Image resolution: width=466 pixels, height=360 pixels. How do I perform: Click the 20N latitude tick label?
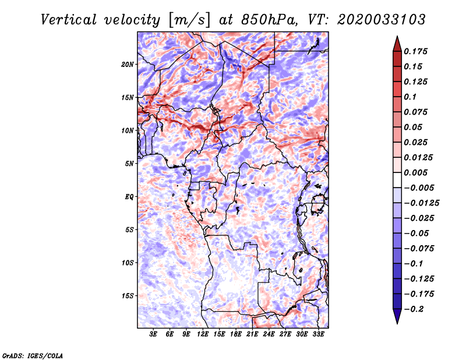click(128, 65)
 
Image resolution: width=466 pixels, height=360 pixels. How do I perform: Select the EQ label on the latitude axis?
click(129, 197)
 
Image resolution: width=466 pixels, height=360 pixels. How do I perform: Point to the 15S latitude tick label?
click(128, 296)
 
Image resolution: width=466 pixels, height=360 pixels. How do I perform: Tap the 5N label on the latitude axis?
click(129, 164)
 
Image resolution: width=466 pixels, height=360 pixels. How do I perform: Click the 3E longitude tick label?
click(153, 334)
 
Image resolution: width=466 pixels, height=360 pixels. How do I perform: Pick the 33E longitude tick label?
click(318, 334)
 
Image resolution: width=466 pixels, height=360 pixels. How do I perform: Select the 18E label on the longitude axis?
click(236, 334)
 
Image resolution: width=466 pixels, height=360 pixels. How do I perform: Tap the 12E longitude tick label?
click(203, 334)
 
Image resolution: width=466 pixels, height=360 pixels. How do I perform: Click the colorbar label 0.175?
click(415, 51)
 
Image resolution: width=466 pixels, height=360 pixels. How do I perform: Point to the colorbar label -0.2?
click(414, 309)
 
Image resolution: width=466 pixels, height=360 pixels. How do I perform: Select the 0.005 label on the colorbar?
click(415, 172)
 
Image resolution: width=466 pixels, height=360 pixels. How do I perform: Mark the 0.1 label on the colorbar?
click(410, 97)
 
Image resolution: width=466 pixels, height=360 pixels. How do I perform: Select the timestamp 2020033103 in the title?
click(382, 20)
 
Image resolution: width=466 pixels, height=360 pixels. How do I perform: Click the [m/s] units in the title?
click(189, 20)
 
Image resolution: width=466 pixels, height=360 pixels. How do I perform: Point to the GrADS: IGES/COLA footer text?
click(33, 356)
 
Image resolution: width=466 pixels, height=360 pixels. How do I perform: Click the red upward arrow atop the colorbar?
click(397, 44)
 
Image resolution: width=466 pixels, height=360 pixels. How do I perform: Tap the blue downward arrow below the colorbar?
click(397, 316)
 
